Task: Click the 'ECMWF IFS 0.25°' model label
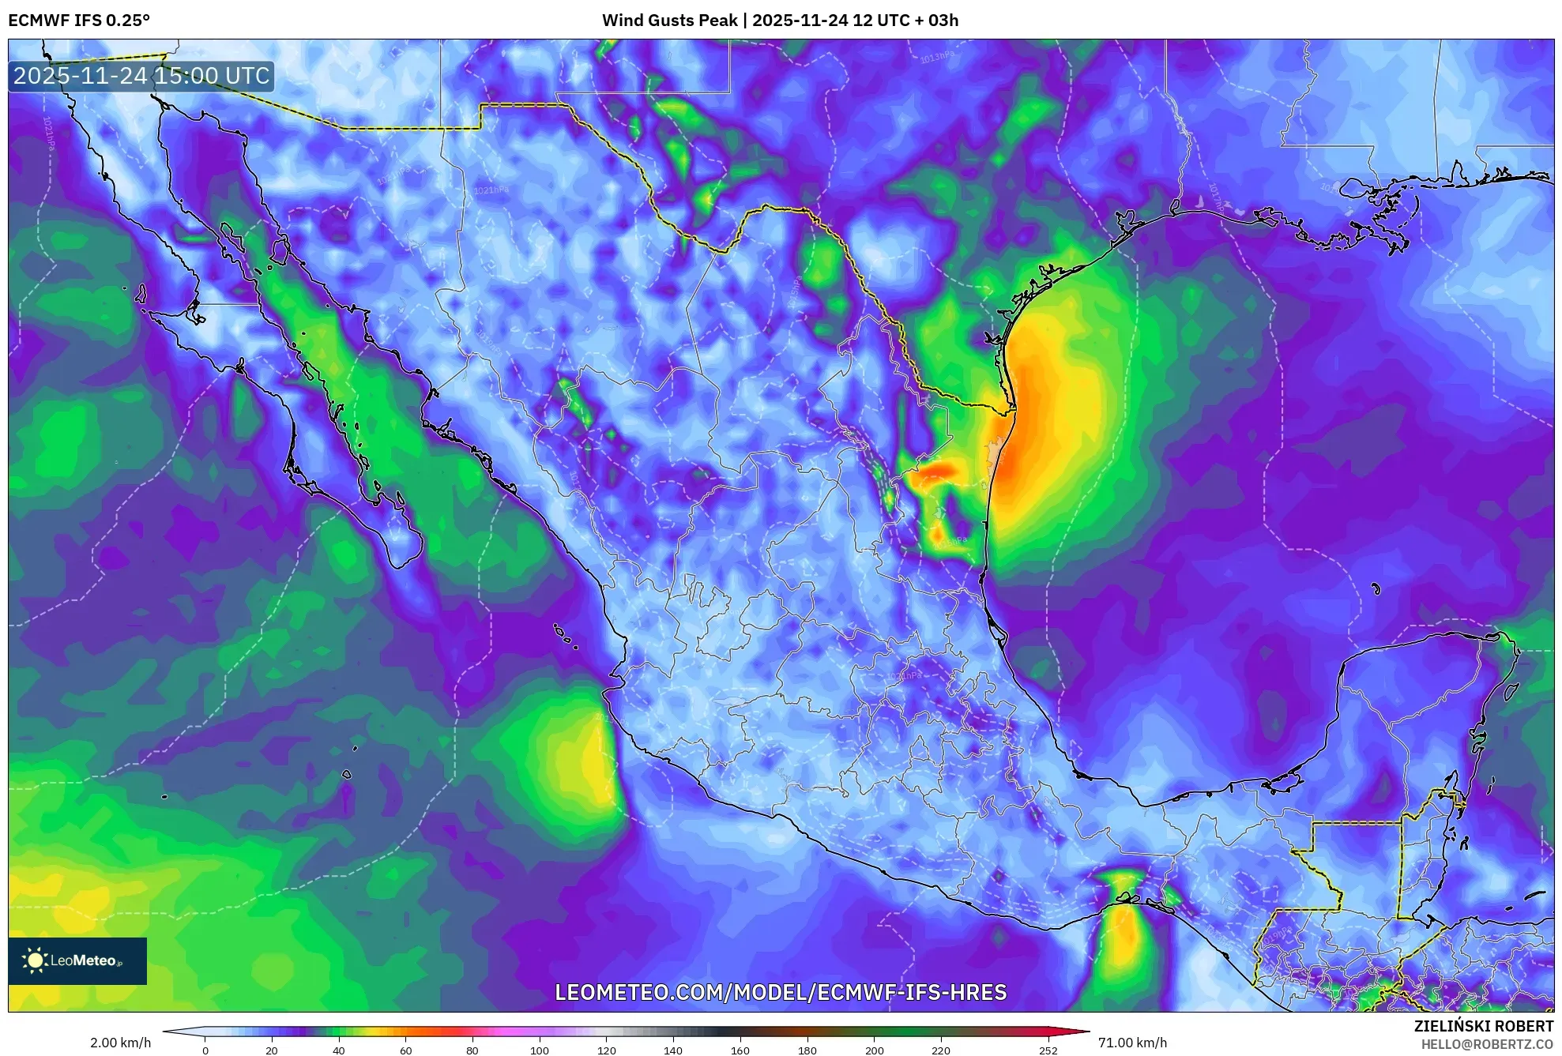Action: (79, 21)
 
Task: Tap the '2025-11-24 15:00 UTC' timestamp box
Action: (141, 77)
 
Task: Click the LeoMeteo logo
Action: (77, 960)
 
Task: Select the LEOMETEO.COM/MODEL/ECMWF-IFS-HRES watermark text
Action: (781, 992)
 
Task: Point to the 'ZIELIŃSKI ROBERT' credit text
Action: (1483, 1026)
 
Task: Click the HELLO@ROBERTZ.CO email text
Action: (1487, 1044)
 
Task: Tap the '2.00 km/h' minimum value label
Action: (120, 1043)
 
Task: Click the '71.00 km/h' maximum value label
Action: (1132, 1043)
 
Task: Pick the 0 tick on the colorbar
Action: (205, 1050)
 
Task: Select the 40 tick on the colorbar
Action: (339, 1050)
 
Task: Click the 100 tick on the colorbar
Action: (540, 1050)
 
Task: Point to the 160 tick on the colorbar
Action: (740, 1050)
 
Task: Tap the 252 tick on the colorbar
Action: (1048, 1050)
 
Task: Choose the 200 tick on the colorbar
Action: (874, 1050)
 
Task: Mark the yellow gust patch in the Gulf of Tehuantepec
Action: (1124, 936)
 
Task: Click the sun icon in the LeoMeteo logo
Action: (35, 960)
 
